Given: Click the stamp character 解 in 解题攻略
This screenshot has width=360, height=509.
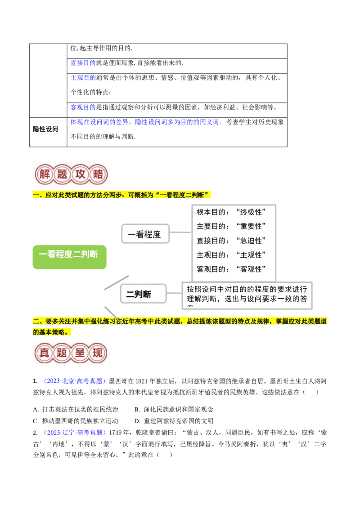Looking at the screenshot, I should coord(45,174).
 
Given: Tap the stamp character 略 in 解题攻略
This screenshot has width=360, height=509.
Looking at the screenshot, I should coord(98,174).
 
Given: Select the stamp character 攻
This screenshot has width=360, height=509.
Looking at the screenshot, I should coord(81,174).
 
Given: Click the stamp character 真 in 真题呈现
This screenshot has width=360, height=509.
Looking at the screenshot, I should coord(45,353).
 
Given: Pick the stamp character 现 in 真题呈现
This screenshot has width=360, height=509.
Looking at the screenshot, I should coord(98,353).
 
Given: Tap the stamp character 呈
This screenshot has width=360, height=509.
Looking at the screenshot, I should coord(81,353).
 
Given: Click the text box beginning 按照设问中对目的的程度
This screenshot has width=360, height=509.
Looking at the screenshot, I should coord(247,295).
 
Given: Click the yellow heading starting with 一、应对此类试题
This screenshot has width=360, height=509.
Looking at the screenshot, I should coord(121,195).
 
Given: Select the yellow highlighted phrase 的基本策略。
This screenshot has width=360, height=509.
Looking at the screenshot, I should coord(52,332).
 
